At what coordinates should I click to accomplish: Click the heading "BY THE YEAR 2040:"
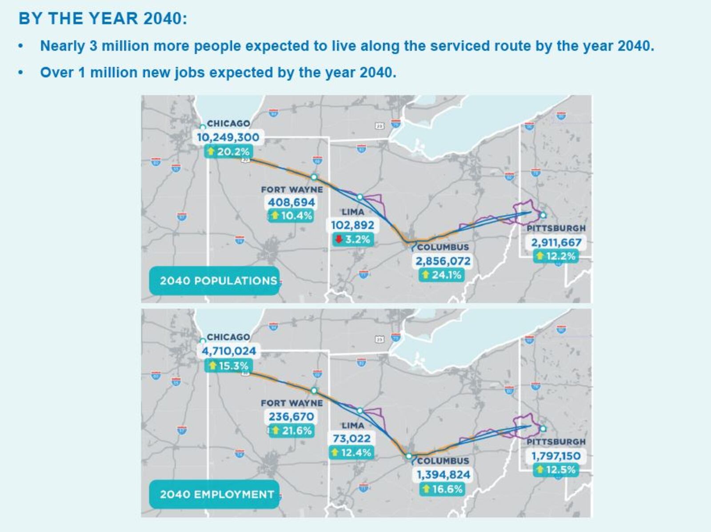tap(103, 19)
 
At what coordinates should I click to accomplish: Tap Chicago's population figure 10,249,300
tap(228, 137)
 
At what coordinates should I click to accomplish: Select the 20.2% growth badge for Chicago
tap(229, 152)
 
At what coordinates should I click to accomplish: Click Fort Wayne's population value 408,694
tap(291, 203)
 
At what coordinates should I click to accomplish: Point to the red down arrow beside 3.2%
tap(339, 239)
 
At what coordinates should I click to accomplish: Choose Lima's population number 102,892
tap(353, 225)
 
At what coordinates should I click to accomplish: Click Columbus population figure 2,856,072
tap(443, 261)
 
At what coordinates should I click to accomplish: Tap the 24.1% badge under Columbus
tap(442, 275)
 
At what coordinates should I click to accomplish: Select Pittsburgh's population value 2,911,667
tap(556, 243)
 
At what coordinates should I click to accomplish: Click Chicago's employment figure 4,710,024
tap(229, 351)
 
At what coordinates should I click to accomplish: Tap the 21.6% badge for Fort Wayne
tap(292, 430)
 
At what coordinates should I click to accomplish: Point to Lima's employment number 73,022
tap(352, 439)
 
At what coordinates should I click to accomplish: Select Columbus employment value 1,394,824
tap(443, 475)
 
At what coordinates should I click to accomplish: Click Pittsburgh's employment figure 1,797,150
tap(556, 456)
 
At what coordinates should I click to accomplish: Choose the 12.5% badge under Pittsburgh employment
tap(556, 470)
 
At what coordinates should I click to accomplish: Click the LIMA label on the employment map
tap(353, 425)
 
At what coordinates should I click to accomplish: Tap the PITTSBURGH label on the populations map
tap(556, 228)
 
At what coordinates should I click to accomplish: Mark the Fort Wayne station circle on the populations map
tap(314, 177)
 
